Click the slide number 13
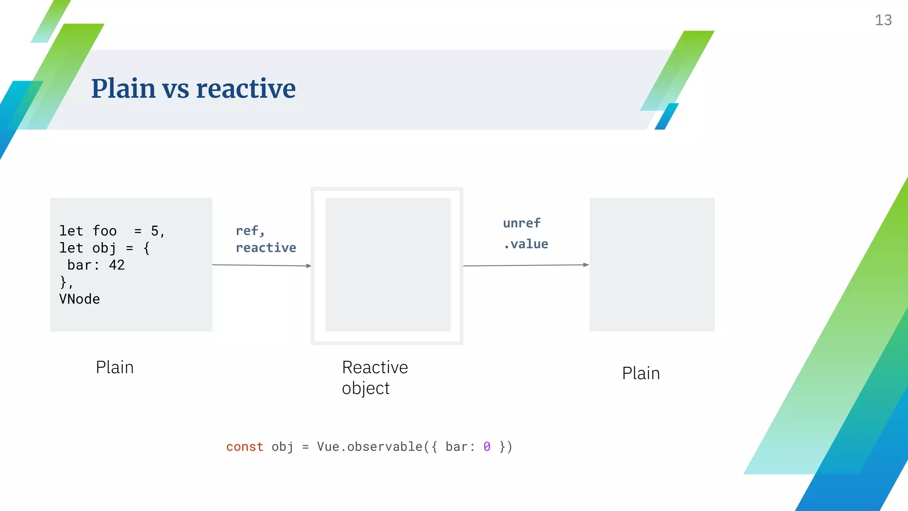pos(883,20)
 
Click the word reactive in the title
pos(246,88)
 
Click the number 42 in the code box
pos(117,265)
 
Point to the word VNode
pos(80,299)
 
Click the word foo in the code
pos(105,231)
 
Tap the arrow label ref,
pos(250,231)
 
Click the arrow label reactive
pos(266,248)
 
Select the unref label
pos(522,223)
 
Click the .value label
pos(526,244)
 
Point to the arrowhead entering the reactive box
pos(309,266)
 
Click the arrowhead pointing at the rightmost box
pos(586,265)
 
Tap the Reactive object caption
pos(375,377)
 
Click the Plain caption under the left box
pos(114,368)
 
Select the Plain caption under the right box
pos(641,373)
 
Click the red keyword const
pos(245,447)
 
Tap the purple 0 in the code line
pos(487,447)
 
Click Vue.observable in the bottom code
pos(370,447)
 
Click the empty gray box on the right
pos(652,264)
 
